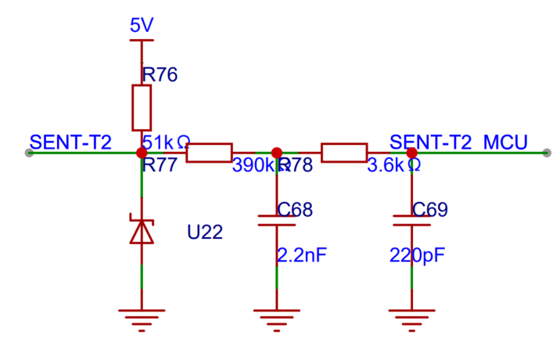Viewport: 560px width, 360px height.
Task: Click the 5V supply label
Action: click(x=142, y=26)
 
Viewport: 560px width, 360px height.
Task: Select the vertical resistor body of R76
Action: click(x=142, y=108)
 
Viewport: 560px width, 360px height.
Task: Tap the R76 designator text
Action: click(x=160, y=75)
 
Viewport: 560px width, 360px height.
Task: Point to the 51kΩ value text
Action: click(x=167, y=142)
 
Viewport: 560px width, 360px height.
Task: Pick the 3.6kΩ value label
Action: click(x=394, y=165)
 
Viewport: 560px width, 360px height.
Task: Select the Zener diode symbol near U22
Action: click(x=142, y=230)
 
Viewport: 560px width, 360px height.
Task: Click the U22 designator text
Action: click(x=205, y=232)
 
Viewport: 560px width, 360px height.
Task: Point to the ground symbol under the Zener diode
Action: click(x=142, y=317)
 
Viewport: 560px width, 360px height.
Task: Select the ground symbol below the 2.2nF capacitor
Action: click(x=276, y=317)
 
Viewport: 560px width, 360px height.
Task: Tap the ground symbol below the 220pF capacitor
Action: click(x=411, y=317)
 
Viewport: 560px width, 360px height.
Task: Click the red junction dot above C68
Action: click(x=276, y=153)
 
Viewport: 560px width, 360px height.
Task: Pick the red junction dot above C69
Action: click(x=411, y=153)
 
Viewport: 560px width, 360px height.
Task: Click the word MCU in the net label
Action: click(x=505, y=142)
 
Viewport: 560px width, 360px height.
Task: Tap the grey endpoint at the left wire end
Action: click(x=29, y=153)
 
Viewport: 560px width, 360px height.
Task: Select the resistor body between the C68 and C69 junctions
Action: click(x=344, y=153)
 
